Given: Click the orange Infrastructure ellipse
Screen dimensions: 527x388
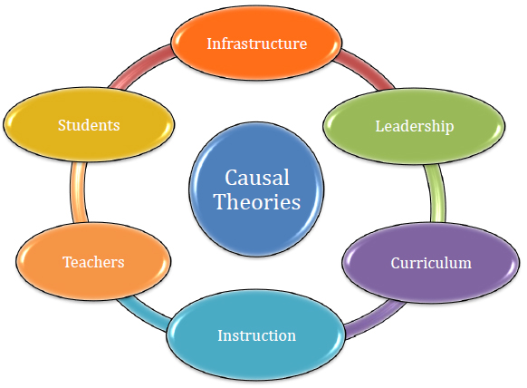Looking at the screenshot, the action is pos(256,43).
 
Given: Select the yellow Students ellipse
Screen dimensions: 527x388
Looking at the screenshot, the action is pos(89,124).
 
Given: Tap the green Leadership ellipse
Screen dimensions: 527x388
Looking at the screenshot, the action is pos(414,126).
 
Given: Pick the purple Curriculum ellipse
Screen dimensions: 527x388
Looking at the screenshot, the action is pos(431,263).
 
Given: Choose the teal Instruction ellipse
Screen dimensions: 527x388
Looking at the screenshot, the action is pos(256,335).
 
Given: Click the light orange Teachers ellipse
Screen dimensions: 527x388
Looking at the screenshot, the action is pos(93,261).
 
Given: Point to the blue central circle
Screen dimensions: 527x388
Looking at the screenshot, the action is pos(256,189).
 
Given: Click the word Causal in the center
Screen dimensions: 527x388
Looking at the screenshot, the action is pos(257,178).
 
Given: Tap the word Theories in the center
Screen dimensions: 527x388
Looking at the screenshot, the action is pos(257,202).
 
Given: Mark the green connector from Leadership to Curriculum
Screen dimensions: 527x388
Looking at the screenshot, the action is pos(437,193).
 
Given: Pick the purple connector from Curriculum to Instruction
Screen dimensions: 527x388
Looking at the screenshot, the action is pos(375,319).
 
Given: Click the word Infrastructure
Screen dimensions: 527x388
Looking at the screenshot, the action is pos(257,44).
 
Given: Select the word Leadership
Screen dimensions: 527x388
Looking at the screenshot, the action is pos(415,126).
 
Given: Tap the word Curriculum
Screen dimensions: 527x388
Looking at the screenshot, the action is pos(431,263).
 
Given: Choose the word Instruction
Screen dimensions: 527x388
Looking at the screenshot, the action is pos(257,335).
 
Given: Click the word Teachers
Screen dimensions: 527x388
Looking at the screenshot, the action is pos(93,262).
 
